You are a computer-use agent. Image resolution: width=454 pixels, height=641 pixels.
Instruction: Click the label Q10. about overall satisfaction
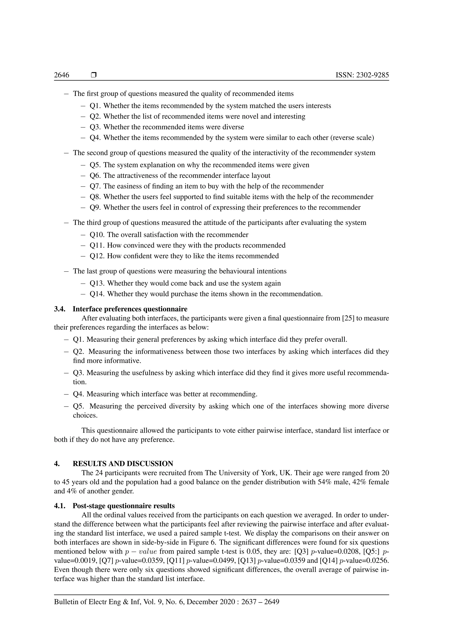tap(97, 235)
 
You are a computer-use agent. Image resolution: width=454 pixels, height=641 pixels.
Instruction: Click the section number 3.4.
tap(60, 309)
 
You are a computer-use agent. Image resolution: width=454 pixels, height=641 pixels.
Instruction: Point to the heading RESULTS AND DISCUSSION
tap(123, 464)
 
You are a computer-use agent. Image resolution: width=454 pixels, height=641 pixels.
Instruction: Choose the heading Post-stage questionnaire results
tap(123, 506)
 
